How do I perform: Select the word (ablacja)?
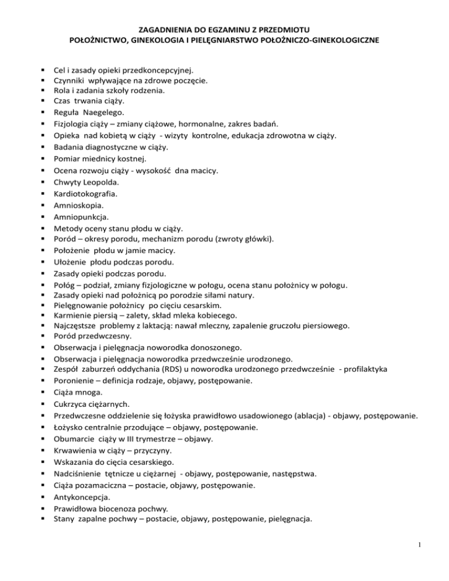coord(292,416)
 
